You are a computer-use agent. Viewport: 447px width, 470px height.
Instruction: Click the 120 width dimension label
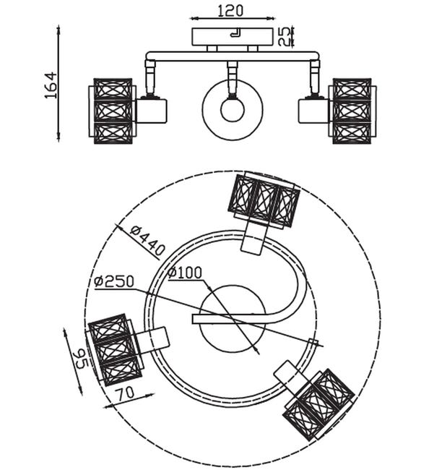[230, 11]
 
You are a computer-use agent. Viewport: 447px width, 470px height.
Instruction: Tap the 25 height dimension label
[285, 37]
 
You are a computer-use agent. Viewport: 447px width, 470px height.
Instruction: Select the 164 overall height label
[51, 85]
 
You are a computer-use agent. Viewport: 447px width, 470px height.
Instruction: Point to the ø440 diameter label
[147, 240]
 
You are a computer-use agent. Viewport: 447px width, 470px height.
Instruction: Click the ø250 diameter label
[114, 281]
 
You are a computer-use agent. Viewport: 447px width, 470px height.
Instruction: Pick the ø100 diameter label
[185, 272]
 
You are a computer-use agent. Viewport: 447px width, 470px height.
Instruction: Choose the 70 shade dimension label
[125, 393]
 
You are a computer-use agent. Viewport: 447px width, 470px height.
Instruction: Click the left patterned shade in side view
[113, 111]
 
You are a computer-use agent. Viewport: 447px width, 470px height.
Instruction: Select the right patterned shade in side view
[352, 111]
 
